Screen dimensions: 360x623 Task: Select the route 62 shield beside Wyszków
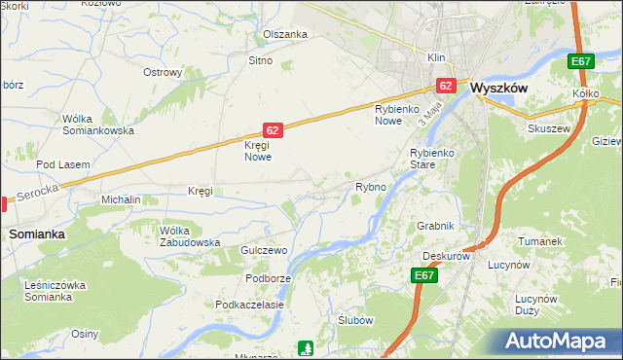click(x=446, y=86)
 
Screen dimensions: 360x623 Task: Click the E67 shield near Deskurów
click(x=423, y=276)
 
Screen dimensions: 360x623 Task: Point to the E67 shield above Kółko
click(x=581, y=62)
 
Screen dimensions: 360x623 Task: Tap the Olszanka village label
click(x=285, y=34)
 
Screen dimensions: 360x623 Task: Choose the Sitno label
click(x=260, y=60)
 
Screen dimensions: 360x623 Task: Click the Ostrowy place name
click(x=163, y=72)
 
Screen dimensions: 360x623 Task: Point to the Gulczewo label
click(x=264, y=250)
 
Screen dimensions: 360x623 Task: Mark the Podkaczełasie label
click(x=250, y=305)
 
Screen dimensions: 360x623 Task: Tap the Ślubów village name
click(x=355, y=320)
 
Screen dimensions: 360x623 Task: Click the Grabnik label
click(x=435, y=226)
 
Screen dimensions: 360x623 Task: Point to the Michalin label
click(x=122, y=199)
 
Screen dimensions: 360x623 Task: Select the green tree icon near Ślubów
click(x=307, y=346)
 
